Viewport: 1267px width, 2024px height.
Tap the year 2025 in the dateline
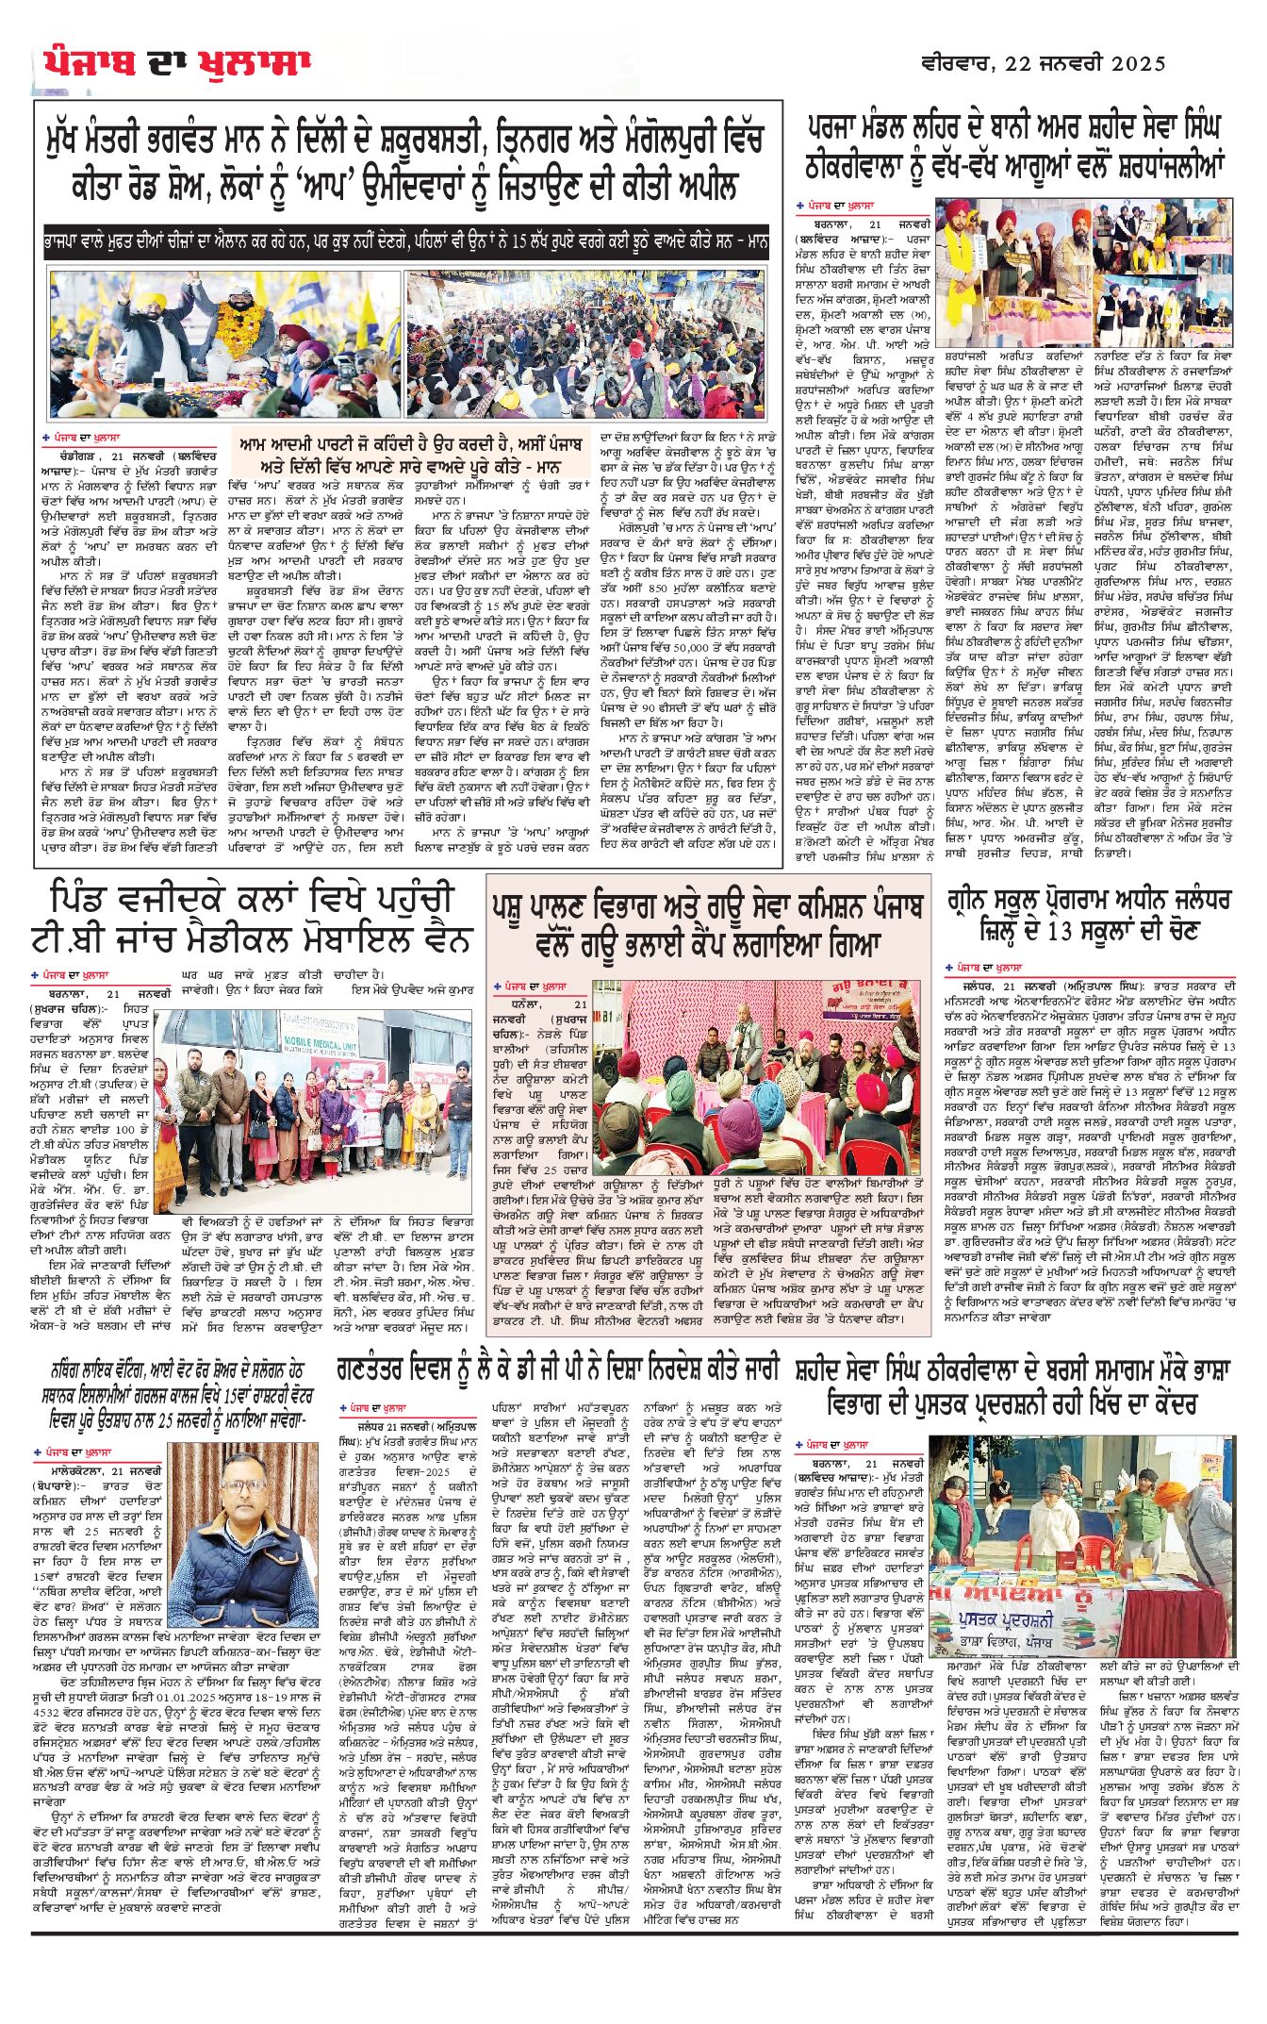coord(1138,63)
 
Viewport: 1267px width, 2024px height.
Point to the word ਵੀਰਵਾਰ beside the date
coord(954,63)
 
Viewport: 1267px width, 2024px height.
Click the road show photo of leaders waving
coord(225,344)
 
